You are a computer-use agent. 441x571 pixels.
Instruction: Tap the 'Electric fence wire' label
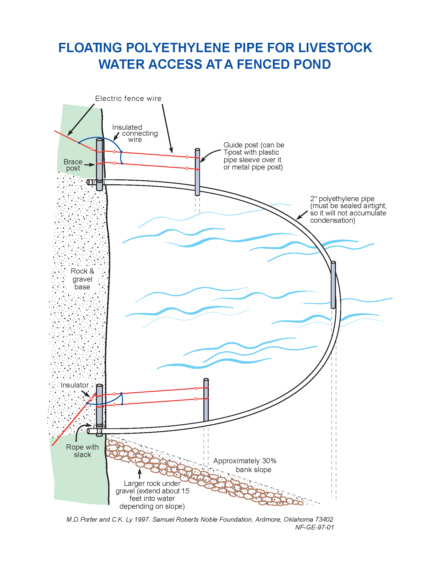pos(128,99)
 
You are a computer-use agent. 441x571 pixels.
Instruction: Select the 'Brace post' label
pos(73,165)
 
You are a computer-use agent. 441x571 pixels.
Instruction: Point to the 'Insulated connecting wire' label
pos(135,133)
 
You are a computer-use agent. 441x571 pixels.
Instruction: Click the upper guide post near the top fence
pos(197,173)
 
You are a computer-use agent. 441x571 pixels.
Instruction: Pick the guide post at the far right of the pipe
pos(333,285)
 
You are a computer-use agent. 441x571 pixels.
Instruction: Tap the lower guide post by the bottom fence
pos(206,400)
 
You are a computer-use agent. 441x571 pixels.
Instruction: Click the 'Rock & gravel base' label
pos(82,279)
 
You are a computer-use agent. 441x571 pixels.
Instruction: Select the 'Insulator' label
pos(74,385)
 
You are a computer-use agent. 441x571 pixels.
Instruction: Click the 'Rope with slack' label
pos(82,451)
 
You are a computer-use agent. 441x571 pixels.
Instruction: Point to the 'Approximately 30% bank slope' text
pos(245,465)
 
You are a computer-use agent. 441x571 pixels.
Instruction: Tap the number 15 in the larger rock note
pos(185,491)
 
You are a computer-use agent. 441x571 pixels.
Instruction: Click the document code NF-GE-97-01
pos(315,527)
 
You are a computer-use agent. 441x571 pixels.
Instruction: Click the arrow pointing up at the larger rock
pos(140,473)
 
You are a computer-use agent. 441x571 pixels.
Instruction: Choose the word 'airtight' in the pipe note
pos(374,206)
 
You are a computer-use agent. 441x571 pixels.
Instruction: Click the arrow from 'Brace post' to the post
pos(89,165)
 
